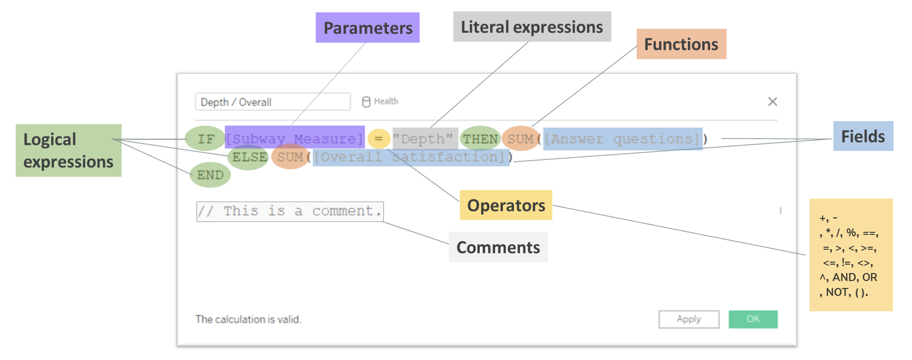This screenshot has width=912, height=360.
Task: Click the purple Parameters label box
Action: [x=367, y=28]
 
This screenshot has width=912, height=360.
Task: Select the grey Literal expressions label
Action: [x=532, y=27]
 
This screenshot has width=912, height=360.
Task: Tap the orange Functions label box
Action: [x=681, y=44]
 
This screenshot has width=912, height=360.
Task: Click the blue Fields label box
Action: [x=863, y=136]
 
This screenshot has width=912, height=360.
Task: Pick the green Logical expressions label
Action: [x=68, y=150]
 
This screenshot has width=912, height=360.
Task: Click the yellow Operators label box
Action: [x=505, y=205]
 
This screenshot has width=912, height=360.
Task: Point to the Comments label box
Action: [x=498, y=247]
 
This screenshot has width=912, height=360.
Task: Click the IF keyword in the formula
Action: [x=205, y=139]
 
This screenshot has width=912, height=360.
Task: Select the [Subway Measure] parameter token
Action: [x=295, y=139]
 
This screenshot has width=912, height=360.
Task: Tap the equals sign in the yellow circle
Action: [x=379, y=139]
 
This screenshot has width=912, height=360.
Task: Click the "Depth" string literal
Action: [x=425, y=139]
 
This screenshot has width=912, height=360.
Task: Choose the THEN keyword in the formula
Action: [x=480, y=139]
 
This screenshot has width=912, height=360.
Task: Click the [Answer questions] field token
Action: [x=622, y=139]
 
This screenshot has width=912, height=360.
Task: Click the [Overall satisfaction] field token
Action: [x=410, y=157]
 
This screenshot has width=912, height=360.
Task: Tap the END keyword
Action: [x=210, y=175]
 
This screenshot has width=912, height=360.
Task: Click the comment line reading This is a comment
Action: [x=290, y=211]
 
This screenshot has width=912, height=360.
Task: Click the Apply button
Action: [x=688, y=319]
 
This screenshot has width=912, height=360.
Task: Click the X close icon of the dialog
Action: [x=772, y=102]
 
